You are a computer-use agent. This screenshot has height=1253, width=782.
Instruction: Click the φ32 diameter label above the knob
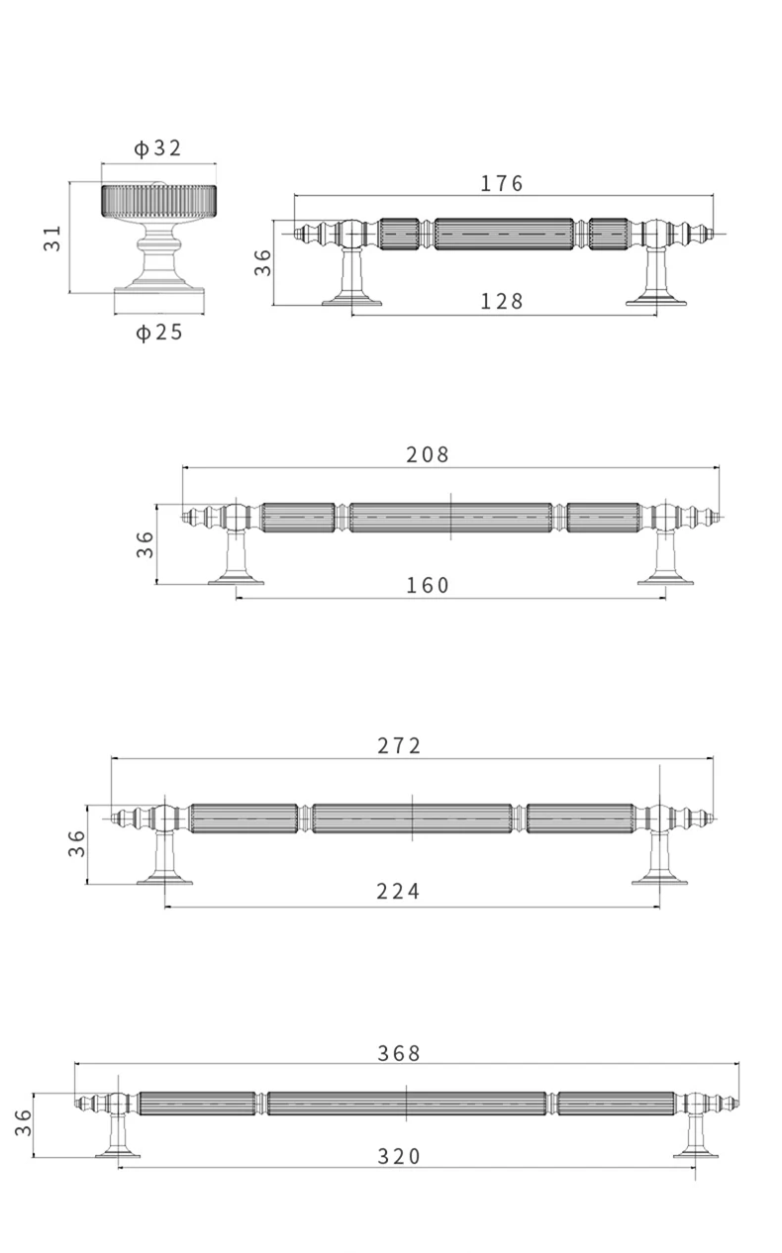[x=158, y=148]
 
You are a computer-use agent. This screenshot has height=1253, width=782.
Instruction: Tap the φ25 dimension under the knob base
[x=159, y=333]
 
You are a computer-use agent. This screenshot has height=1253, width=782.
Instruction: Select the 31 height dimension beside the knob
[x=52, y=238]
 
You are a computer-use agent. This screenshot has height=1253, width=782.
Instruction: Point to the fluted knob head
[x=158, y=200]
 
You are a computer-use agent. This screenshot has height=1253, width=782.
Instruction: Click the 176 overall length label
[x=502, y=183]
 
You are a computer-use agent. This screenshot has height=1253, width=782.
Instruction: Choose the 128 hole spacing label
[x=502, y=302]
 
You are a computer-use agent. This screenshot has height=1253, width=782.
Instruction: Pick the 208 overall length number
[x=428, y=454]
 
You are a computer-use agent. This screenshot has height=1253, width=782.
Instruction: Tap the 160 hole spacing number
[x=428, y=586]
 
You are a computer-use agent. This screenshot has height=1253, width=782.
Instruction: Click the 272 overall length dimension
[x=398, y=746]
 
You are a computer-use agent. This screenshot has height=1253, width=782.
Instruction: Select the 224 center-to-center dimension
[x=398, y=892]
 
